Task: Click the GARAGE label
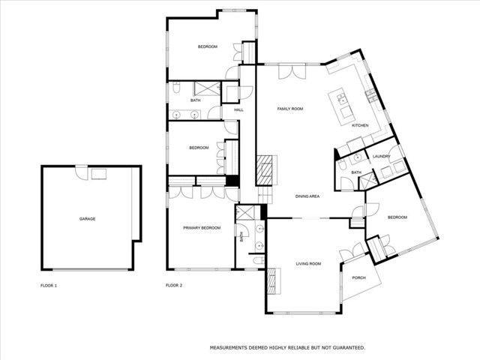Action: pyautogui.click(x=87, y=219)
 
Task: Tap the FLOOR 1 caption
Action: pyautogui.click(x=49, y=286)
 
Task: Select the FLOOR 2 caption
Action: pyautogui.click(x=175, y=286)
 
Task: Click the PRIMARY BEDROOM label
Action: pyautogui.click(x=202, y=227)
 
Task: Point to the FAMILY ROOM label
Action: pyautogui.click(x=289, y=109)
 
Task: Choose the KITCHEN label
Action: pyautogui.click(x=360, y=125)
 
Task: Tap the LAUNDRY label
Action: pyautogui.click(x=381, y=156)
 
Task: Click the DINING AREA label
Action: pyautogui.click(x=307, y=196)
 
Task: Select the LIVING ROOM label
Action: pyautogui.click(x=308, y=263)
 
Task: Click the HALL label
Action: pyautogui.click(x=238, y=110)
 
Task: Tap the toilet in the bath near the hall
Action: pyautogui.click(x=173, y=89)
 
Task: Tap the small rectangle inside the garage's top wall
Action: pyautogui.click(x=98, y=174)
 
